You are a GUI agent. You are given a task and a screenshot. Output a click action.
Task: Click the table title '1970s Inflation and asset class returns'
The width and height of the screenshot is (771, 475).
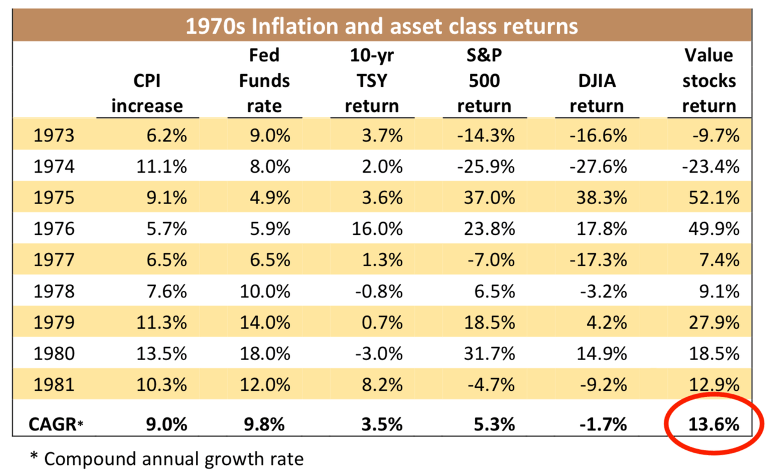381,26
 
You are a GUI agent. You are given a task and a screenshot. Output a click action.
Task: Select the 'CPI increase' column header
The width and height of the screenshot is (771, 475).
147,94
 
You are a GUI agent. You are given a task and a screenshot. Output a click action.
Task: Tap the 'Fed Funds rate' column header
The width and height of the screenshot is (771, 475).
264,81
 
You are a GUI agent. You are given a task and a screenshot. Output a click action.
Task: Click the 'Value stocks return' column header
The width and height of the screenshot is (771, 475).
709,81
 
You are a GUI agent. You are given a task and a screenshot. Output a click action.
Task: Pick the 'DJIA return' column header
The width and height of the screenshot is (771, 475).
596,94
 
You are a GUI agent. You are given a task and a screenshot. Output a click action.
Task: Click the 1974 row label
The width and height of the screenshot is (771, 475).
54,166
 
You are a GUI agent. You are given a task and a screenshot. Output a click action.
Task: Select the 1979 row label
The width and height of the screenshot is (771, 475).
54,322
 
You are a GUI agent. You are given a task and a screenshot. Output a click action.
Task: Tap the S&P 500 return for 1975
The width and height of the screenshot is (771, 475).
485,197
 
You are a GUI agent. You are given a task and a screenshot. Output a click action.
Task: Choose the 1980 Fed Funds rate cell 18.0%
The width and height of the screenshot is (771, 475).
264,353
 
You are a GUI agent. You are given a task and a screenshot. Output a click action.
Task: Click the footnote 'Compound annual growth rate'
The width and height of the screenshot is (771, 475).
173,459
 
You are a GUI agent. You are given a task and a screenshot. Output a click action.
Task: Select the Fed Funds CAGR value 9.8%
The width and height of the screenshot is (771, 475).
267,424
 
